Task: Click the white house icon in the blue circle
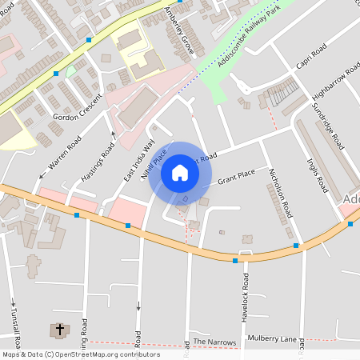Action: pyautogui.click(x=180, y=173)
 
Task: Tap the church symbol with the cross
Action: pyautogui.click(x=59, y=330)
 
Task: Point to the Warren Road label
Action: pyautogui.click(x=65, y=154)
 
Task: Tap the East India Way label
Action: pyautogui.click(x=138, y=160)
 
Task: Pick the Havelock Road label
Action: pyautogui.click(x=245, y=298)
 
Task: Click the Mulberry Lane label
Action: pyautogui.click(x=271, y=338)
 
